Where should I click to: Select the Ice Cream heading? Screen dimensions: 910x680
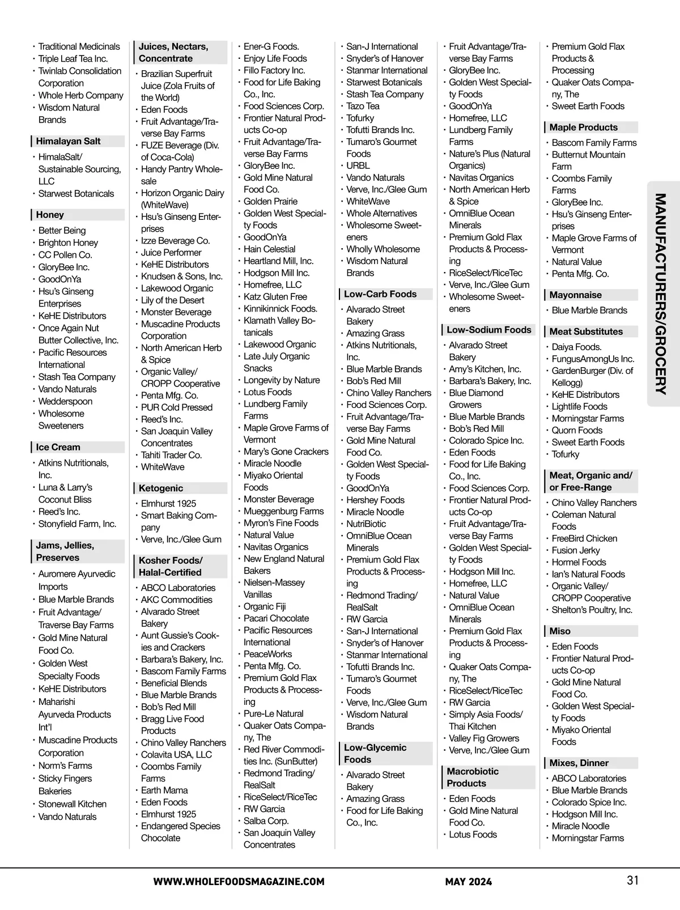click(x=58, y=447)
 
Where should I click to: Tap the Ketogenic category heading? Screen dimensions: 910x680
click(x=161, y=488)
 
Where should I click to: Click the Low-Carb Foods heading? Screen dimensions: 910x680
click(x=380, y=294)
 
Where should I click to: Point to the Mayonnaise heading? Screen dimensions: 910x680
click(x=575, y=295)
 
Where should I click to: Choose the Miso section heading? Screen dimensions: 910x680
click(x=560, y=631)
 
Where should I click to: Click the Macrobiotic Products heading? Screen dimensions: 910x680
click(x=473, y=777)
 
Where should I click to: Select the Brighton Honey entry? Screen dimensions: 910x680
click(x=68, y=243)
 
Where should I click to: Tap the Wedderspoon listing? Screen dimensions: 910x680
click(x=65, y=401)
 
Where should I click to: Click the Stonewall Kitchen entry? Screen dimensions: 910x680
click(x=72, y=803)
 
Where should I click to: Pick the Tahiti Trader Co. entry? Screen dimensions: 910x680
click(x=171, y=455)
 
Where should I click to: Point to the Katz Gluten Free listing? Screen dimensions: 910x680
click(x=275, y=296)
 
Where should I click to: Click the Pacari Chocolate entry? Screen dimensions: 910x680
click(x=276, y=618)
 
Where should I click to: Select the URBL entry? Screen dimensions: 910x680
click(x=358, y=165)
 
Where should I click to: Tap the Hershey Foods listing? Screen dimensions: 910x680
click(x=375, y=500)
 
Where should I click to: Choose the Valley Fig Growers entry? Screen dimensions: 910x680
click(x=483, y=738)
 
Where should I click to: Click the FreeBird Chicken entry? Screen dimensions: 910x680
click(x=584, y=538)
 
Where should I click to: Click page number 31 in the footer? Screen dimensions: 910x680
click(x=632, y=880)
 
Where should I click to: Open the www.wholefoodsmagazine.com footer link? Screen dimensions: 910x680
click(x=239, y=882)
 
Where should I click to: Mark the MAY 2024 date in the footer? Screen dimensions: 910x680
click(x=468, y=882)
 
